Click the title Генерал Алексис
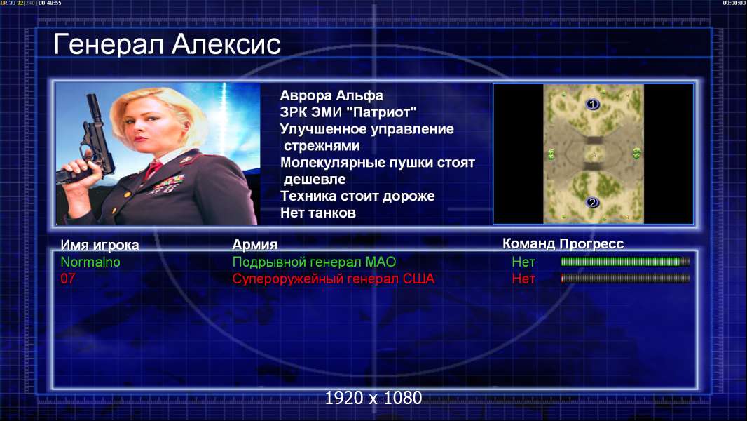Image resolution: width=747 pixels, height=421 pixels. click(167, 44)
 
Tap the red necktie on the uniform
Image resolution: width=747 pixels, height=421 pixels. click(153, 169)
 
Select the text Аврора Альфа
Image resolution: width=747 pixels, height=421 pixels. click(331, 95)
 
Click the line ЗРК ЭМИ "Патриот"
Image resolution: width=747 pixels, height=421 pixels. click(348, 112)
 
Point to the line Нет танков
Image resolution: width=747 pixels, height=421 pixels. click(317, 213)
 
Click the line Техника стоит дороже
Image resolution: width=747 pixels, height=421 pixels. click(357, 196)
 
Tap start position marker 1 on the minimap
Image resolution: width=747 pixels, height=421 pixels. click(592, 104)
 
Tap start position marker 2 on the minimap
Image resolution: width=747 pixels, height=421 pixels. click(592, 203)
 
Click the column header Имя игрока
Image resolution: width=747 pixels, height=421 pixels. click(100, 245)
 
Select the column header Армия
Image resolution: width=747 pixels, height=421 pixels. click(254, 245)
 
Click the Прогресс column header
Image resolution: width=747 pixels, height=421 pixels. click(591, 244)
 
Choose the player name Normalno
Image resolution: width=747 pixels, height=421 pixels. click(90, 262)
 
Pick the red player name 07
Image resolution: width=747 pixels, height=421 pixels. click(68, 279)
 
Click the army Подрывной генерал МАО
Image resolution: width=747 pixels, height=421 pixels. click(314, 262)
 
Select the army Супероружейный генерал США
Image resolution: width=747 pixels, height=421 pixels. click(333, 279)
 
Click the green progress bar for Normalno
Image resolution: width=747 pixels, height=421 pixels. click(624, 261)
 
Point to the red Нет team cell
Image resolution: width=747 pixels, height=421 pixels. click(523, 279)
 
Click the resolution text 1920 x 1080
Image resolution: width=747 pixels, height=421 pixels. click(373, 398)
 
